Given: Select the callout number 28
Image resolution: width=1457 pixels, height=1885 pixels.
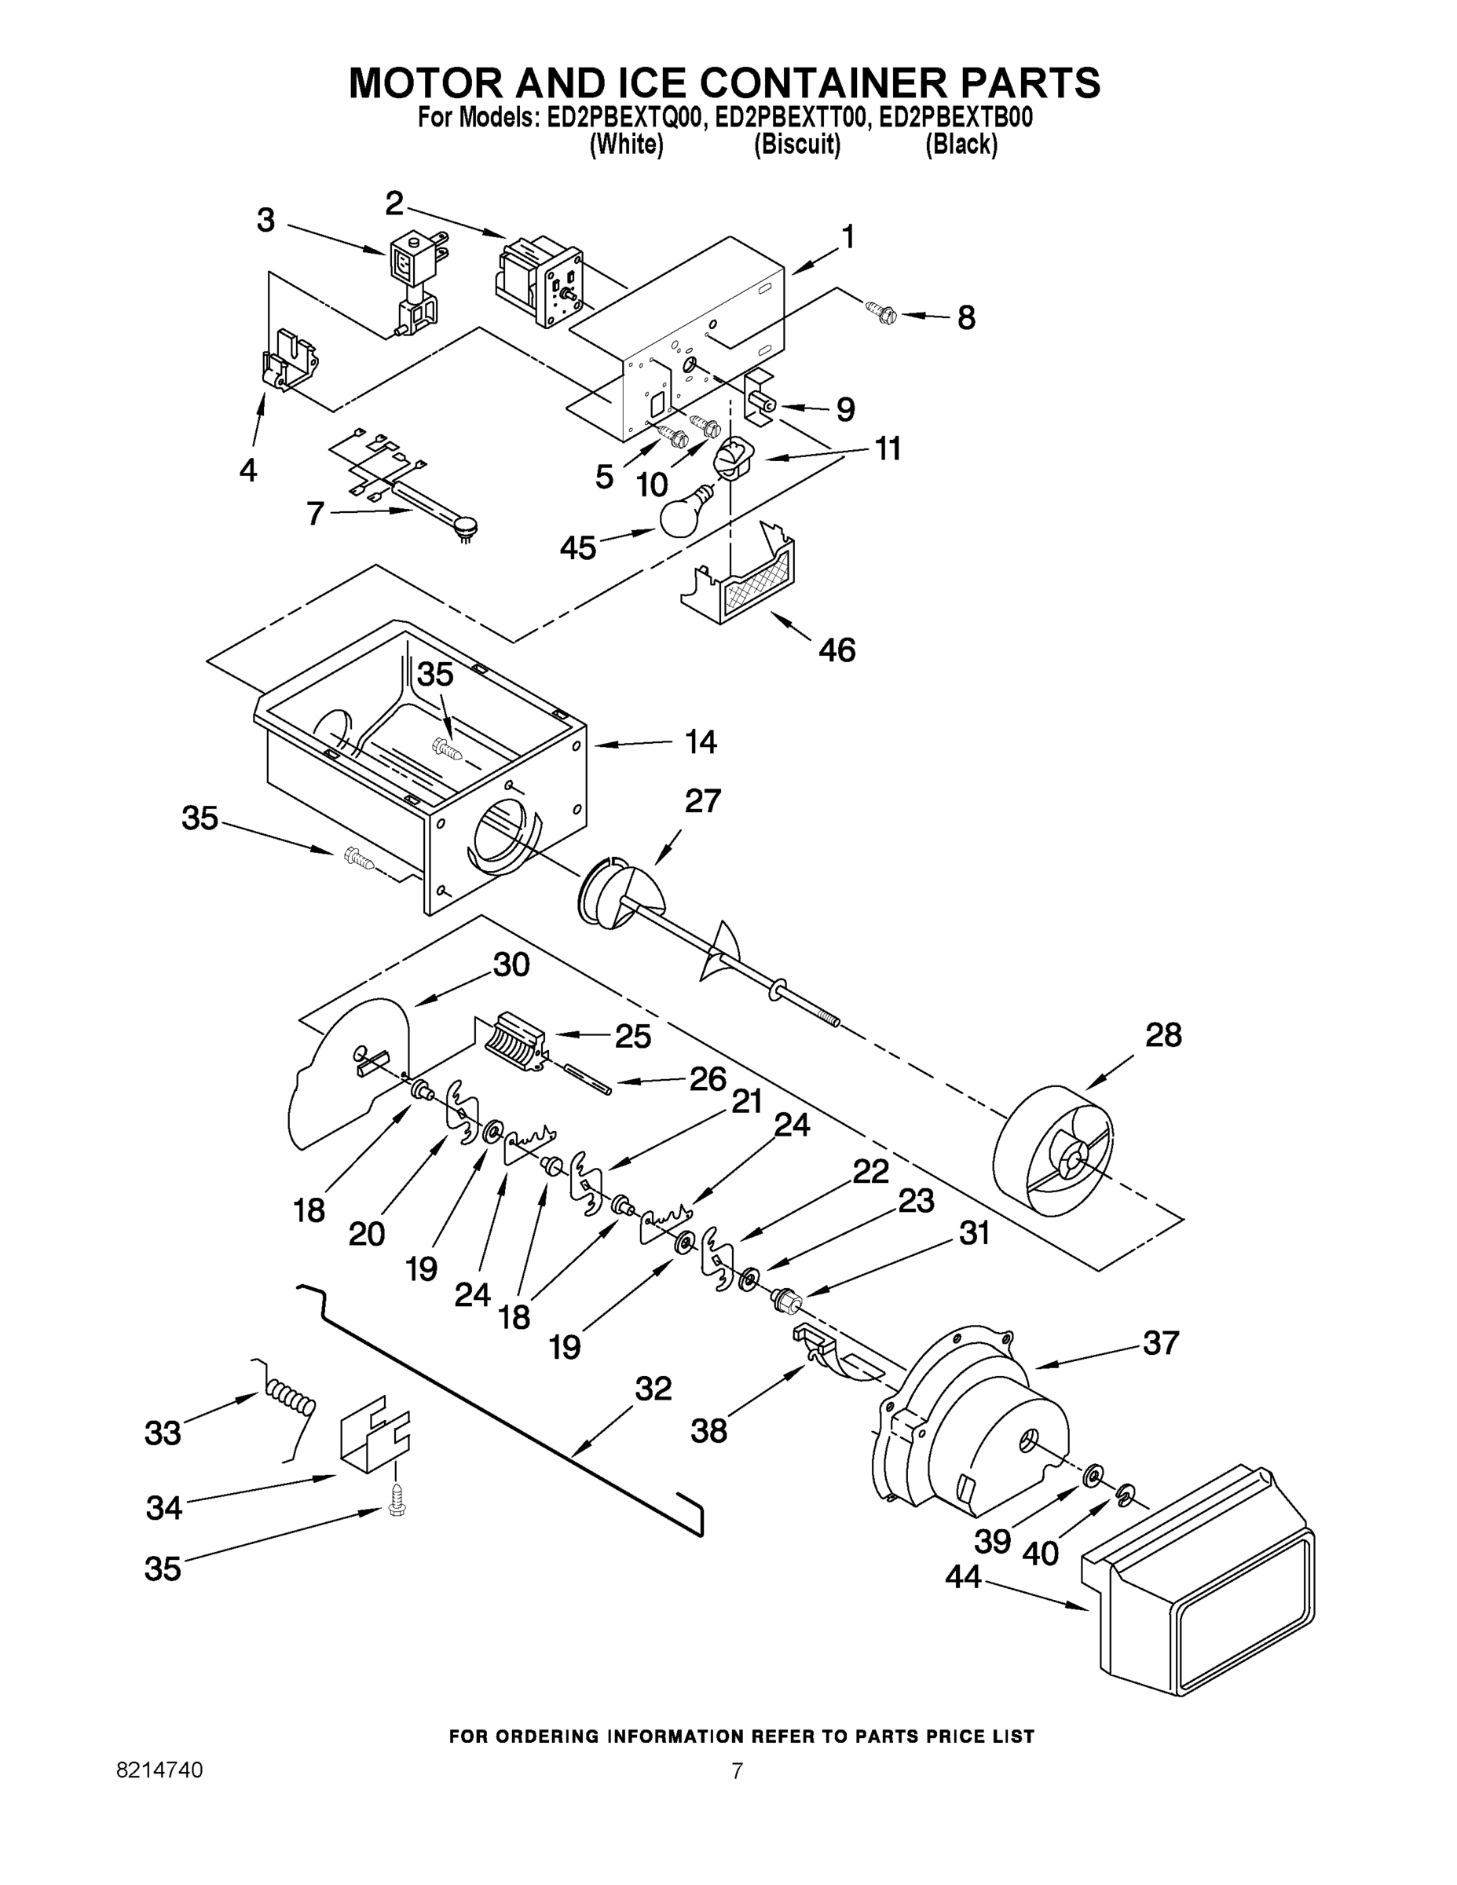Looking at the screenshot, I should click(x=1162, y=1036).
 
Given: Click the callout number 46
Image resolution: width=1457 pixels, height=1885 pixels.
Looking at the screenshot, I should click(x=836, y=650).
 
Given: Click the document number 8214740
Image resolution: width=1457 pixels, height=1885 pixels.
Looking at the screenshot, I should click(x=159, y=1794).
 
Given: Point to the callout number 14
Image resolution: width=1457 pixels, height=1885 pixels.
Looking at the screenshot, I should click(x=700, y=742).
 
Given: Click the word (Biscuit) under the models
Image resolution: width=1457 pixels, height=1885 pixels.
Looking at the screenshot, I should click(x=796, y=145).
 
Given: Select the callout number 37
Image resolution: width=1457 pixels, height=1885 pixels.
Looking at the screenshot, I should click(x=1160, y=1343).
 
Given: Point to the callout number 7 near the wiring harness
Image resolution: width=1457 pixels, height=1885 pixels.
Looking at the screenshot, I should click(x=315, y=514).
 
